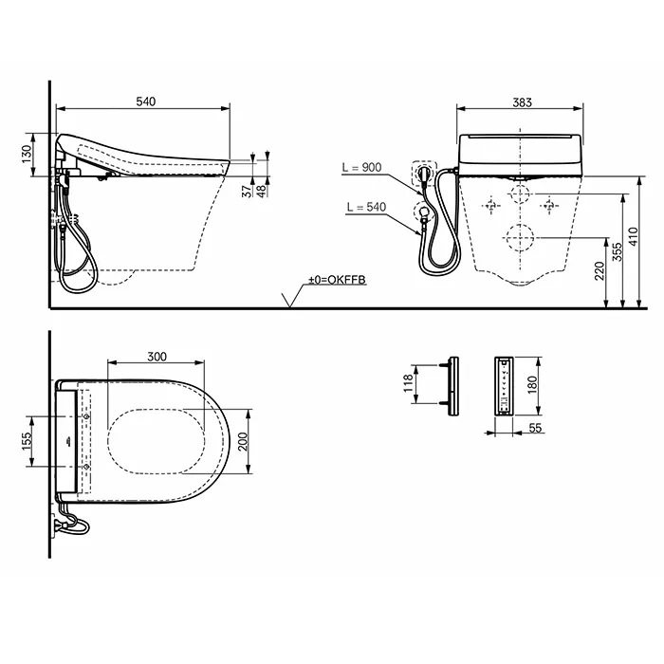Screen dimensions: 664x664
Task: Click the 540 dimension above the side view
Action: tap(146, 101)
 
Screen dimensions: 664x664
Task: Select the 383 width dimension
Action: tap(522, 102)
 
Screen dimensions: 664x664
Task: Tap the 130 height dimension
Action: tap(27, 154)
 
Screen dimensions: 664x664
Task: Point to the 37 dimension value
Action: tap(248, 192)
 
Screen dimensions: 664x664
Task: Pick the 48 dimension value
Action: tap(262, 192)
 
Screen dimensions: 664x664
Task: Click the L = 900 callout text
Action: tap(361, 167)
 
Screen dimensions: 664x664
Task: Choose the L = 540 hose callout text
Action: tap(366, 207)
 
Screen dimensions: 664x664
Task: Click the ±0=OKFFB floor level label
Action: tap(337, 280)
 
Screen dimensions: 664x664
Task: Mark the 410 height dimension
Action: tap(633, 237)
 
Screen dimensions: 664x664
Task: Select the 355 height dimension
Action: tap(618, 252)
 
